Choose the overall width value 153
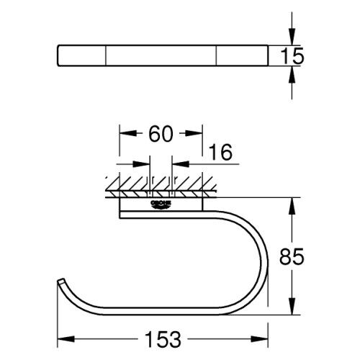162,337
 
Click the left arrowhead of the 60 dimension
125,134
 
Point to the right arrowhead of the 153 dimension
264,336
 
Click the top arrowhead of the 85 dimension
291,204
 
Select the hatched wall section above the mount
158,185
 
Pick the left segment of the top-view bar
82,55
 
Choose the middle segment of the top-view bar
162,55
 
